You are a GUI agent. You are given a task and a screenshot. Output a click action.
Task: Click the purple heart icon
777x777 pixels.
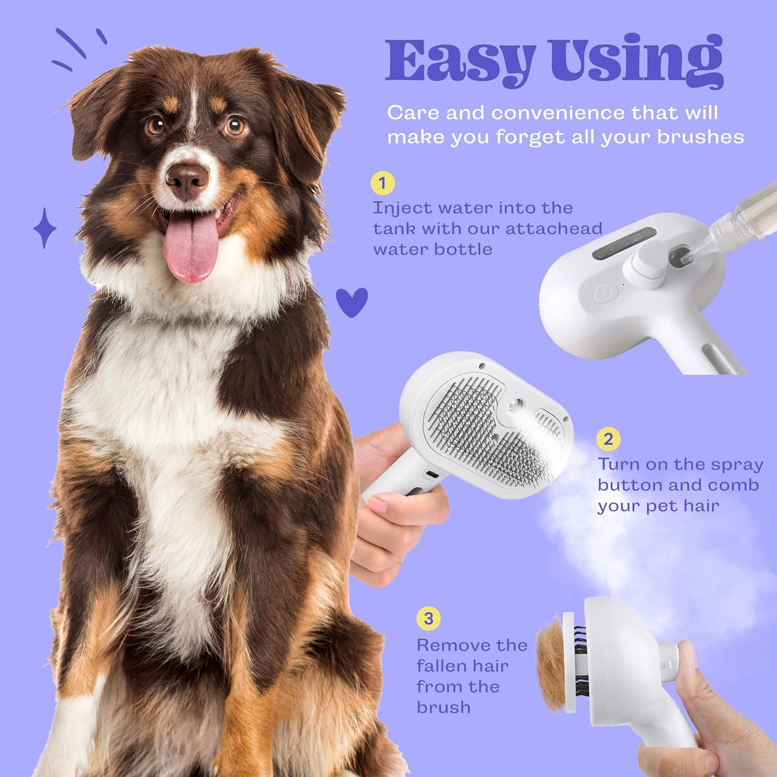(x=352, y=301)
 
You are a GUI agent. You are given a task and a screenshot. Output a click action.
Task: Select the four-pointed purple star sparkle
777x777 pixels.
(x=45, y=228)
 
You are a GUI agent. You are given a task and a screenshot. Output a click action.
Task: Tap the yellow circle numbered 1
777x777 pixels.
(x=383, y=183)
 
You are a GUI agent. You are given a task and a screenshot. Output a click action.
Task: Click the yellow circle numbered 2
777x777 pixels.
(x=608, y=439)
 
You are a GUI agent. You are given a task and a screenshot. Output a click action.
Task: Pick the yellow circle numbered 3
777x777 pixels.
(x=428, y=618)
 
